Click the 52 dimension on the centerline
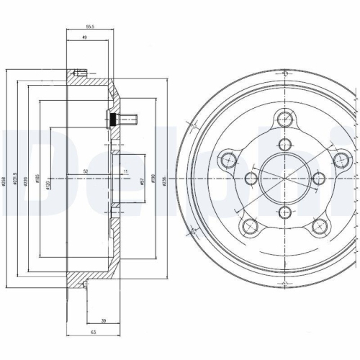pos(86,171)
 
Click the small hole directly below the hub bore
pos(285,211)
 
